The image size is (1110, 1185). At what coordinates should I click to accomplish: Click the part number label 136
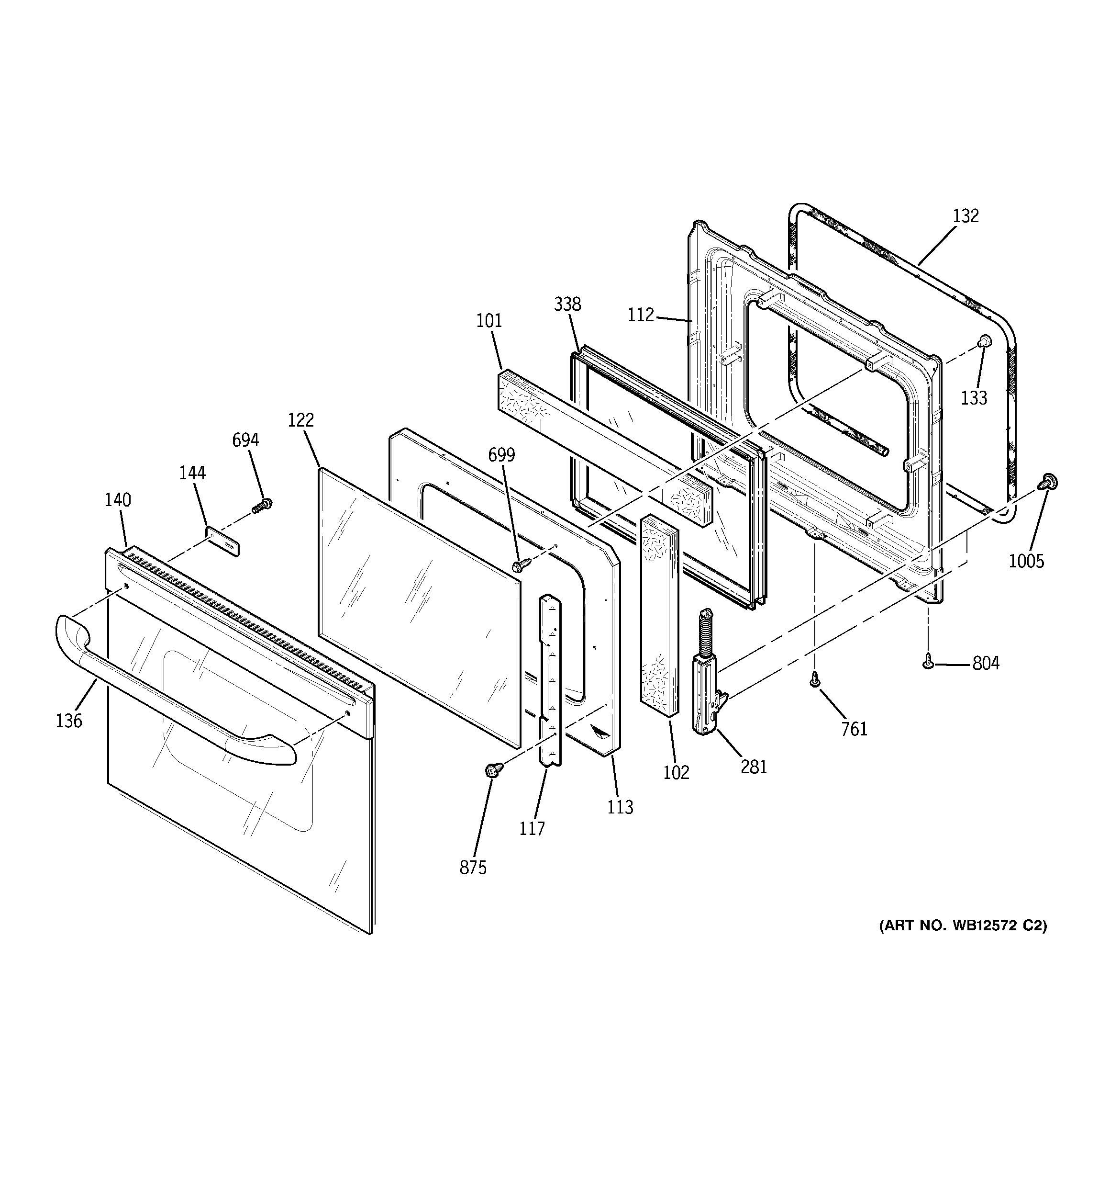(x=68, y=721)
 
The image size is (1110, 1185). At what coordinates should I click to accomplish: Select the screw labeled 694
(x=260, y=506)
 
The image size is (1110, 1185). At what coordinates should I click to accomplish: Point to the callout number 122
(x=300, y=420)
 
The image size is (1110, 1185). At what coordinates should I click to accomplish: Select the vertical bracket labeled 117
(x=549, y=679)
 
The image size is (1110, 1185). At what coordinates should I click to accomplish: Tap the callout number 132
(x=965, y=216)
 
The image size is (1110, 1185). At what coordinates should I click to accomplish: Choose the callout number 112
(x=641, y=315)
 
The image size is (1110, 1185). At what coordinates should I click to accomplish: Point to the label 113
(x=620, y=807)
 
